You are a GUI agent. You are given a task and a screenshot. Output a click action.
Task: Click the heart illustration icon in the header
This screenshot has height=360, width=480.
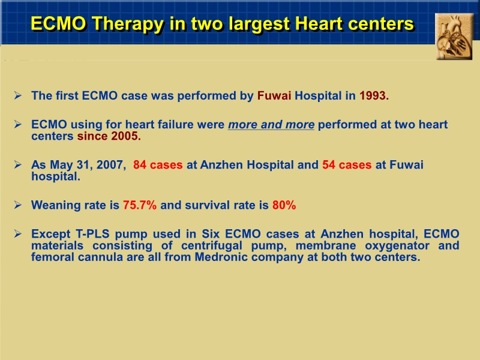(454, 37)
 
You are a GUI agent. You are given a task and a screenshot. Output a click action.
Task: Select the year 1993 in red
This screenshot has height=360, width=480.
(374, 95)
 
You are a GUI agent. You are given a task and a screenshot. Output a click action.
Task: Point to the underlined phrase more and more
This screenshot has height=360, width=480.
(271, 125)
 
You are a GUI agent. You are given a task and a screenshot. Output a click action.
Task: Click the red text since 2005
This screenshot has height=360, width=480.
(109, 136)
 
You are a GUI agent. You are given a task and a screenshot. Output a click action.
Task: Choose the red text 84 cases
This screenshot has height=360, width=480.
(158, 165)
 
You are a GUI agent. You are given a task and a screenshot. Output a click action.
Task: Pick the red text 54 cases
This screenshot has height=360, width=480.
(347, 165)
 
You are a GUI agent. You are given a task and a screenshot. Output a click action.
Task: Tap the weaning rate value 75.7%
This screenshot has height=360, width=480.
(140, 205)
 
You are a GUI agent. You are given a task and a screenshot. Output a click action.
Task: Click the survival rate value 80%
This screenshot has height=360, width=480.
(284, 205)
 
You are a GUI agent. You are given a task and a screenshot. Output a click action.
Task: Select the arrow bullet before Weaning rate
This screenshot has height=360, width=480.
(19, 205)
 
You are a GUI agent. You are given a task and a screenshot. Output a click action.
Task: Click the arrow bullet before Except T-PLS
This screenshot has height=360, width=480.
(19, 234)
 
